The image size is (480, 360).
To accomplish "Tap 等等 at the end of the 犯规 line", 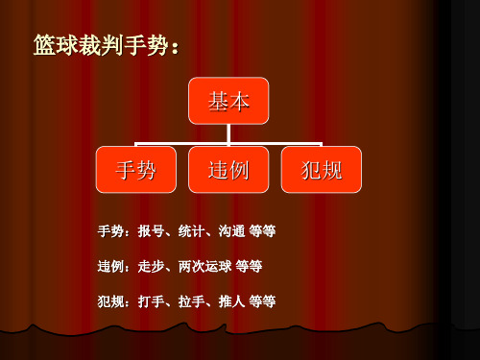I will point(262,300).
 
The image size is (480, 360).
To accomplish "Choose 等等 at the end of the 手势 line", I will point(262,232).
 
